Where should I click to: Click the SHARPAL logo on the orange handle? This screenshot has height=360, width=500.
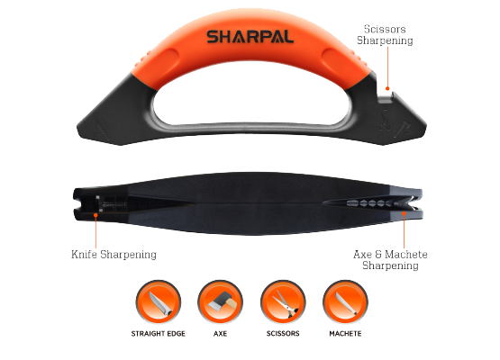coord(250,37)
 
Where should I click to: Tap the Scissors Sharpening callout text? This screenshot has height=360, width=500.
coord(385,35)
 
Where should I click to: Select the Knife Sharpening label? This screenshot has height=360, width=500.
coord(114,255)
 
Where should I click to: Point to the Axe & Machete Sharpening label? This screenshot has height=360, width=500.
coord(390,259)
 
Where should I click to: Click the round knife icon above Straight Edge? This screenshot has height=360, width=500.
coord(159,302)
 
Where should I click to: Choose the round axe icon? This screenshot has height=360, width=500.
coord(220,302)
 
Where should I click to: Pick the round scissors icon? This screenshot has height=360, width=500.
coord(283,302)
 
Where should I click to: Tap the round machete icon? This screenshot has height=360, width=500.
coord(345,302)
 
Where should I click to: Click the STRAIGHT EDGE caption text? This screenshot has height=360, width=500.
coord(159,334)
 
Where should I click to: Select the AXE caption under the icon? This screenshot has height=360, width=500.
coord(220,334)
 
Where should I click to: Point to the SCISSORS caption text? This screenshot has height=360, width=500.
coord(283,334)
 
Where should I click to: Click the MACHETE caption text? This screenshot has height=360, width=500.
coord(345,334)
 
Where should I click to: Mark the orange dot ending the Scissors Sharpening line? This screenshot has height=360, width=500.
coord(387,88)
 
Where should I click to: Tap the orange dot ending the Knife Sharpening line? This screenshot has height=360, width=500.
coord(95,215)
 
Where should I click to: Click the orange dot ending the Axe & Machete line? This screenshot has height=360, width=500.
coord(404,213)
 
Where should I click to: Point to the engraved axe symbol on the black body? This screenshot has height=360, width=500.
coord(402,129)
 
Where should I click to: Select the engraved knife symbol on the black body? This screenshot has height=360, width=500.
coord(103,131)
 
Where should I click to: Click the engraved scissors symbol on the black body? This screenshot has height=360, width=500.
coord(385,120)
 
